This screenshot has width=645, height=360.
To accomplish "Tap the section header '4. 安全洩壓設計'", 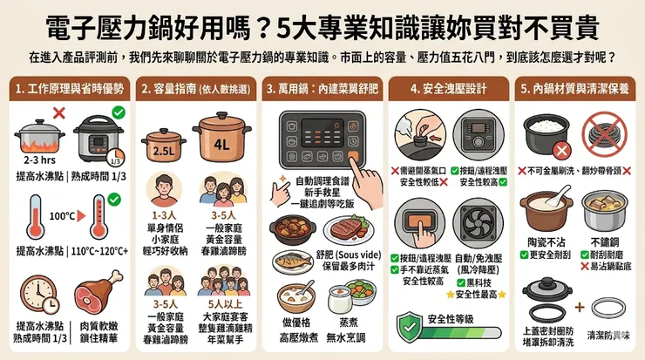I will tap(445, 88).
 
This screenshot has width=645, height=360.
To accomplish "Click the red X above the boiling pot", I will tap(59, 112).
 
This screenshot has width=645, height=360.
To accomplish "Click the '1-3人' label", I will tap(164, 214).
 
